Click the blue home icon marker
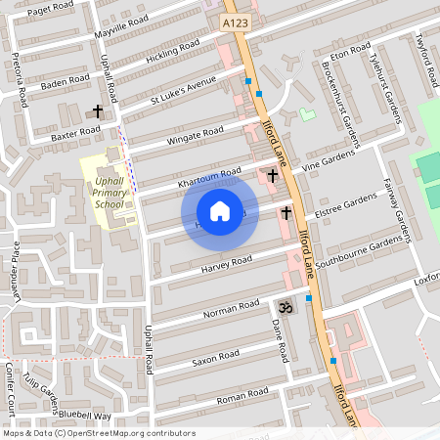pyautogui.click(x=220, y=211)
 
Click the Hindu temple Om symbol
pyautogui.click(x=285, y=306)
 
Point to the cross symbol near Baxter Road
pyautogui.click(x=97, y=112)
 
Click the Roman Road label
pyautogui.click(x=242, y=396)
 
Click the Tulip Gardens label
pyautogui.click(x=46, y=391)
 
